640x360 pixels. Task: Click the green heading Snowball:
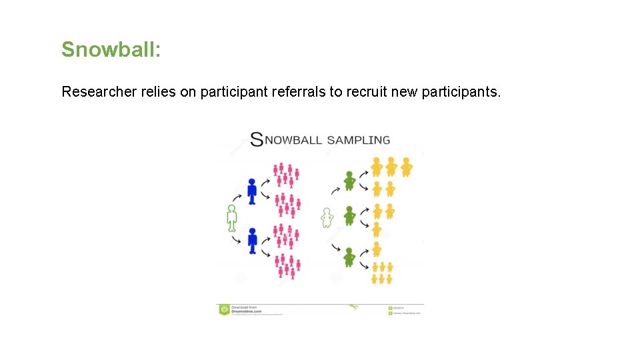(x=111, y=49)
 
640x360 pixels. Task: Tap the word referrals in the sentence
(x=299, y=92)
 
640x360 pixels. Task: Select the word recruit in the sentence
(x=369, y=92)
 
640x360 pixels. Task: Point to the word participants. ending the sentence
(x=461, y=92)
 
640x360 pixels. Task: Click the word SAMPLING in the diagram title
(x=359, y=140)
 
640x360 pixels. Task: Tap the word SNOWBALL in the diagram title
(x=287, y=140)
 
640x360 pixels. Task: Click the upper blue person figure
(x=251, y=191)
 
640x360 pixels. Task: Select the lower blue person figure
(x=252, y=241)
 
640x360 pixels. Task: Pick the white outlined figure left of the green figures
(x=327, y=217)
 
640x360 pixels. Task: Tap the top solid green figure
(x=349, y=181)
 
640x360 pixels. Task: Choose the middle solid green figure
(x=349, y=216)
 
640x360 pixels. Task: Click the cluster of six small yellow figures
(x=382, y=272)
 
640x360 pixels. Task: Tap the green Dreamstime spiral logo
(x=224, y=309)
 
